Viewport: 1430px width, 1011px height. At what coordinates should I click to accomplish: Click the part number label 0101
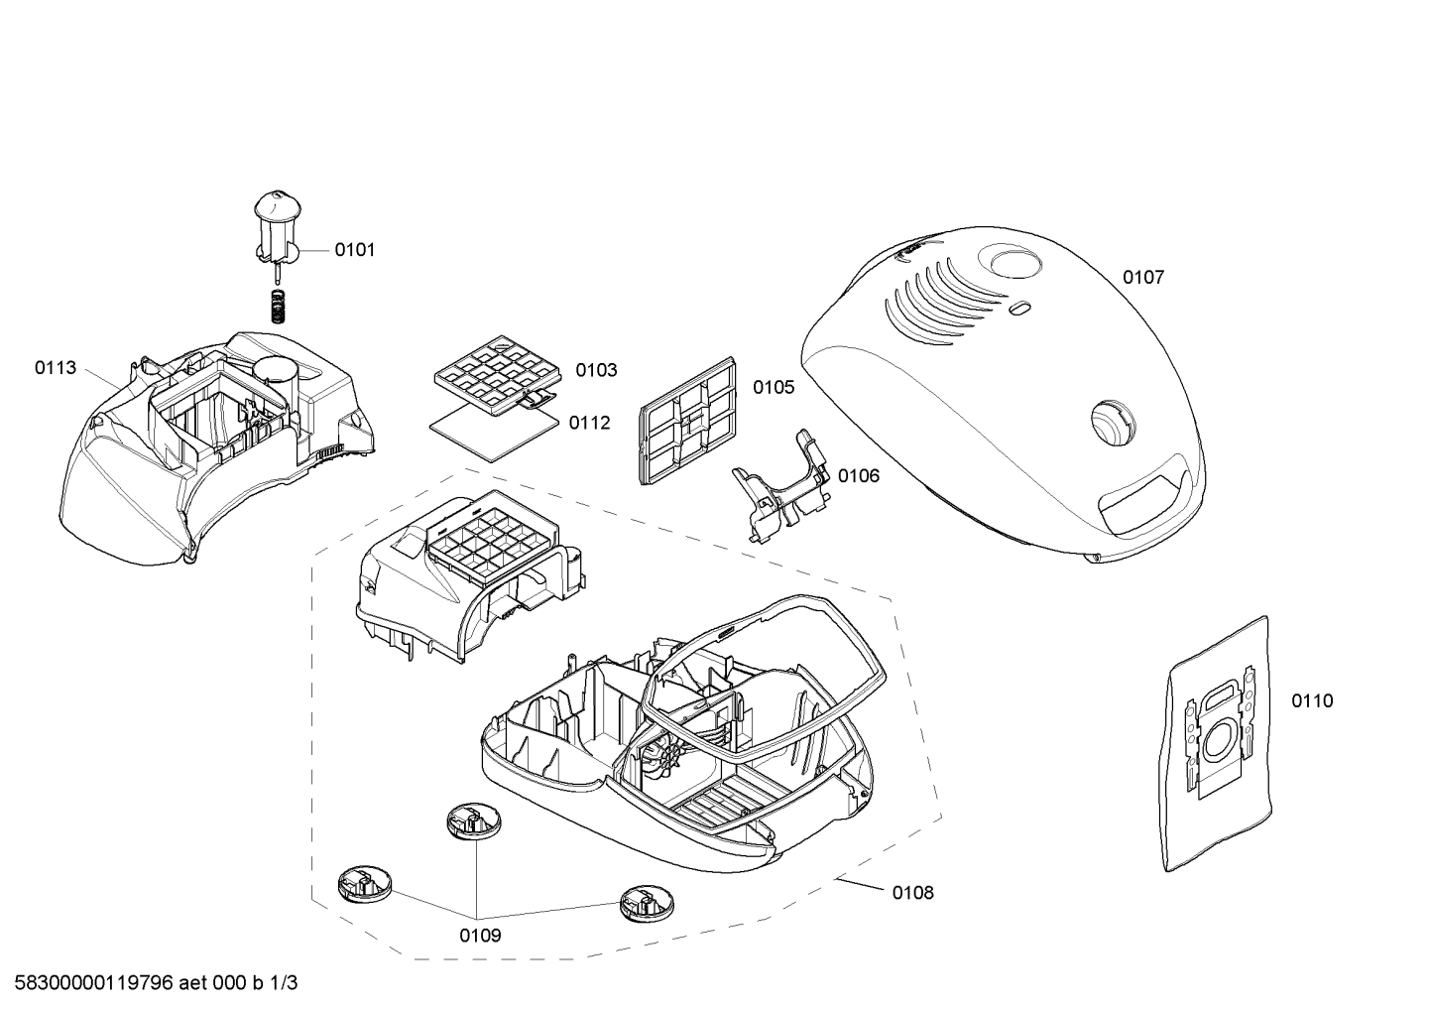click(x=354, y=250)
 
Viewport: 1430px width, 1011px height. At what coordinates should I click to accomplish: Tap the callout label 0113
click(x=56, y=368)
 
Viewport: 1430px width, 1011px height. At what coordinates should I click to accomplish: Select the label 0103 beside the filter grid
click(x=596, y=370)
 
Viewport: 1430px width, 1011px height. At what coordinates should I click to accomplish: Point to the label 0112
click(x=589, y=423)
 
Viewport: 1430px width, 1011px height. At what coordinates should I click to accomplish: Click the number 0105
click(x=774, y=387)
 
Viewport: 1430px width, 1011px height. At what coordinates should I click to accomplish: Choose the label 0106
click(x=859, y=476)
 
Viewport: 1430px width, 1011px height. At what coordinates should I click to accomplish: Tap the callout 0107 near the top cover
click(x=1143, y=277)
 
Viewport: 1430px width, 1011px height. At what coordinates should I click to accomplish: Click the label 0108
click(x=913, y=893)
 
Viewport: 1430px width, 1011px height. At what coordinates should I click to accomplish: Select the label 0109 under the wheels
click(x=480, y=936)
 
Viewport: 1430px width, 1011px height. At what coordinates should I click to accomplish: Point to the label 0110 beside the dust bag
click(x=1313, y=700)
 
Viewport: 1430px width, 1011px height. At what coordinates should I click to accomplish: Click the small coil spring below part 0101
click(x=278, y=308)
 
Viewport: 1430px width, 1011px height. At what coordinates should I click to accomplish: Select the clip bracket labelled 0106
click(x=782, y=485)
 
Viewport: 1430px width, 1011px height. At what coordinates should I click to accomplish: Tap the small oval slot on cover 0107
click(x=1019, y=308)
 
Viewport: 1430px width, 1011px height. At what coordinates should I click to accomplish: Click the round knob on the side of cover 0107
click(x=1114, y=423)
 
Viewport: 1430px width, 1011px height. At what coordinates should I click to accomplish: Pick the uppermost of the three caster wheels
click(x=474, y=821)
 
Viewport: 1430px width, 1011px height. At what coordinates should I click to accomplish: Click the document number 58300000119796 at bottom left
click(x=93, y=983)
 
